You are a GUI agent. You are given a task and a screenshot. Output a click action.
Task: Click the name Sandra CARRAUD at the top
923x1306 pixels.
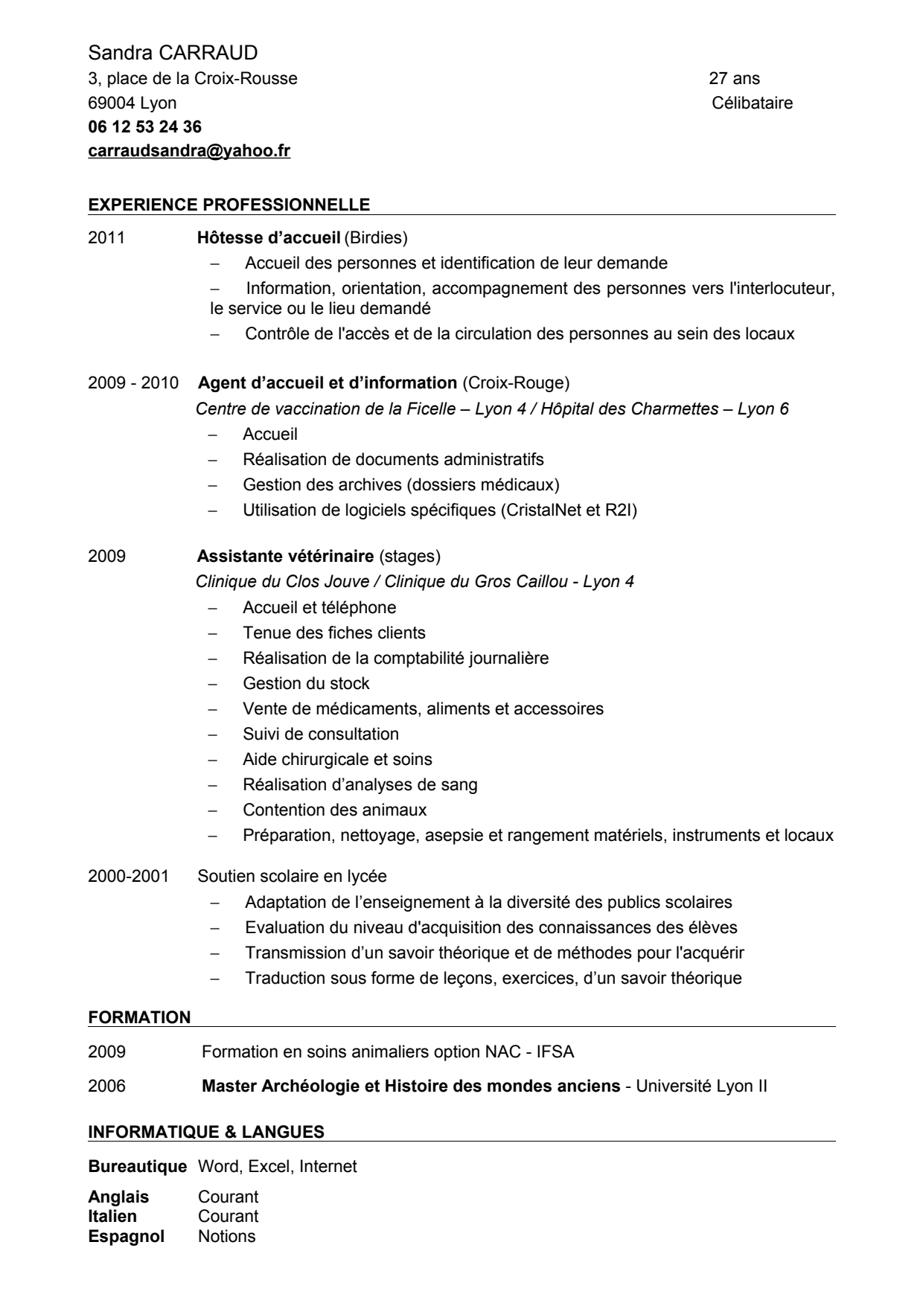pos(173,53)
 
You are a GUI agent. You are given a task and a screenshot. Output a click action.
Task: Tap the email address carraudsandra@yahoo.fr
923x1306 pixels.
pos(189,151)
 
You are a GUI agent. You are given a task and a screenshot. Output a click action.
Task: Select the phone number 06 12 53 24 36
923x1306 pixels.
pos(144,127)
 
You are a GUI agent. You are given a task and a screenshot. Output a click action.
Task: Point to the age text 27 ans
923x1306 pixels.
pos(735,78)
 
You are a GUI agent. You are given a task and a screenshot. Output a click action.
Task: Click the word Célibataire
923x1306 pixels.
pos(752,103)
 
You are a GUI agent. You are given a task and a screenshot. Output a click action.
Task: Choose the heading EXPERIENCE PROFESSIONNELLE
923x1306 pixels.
pos(229,204)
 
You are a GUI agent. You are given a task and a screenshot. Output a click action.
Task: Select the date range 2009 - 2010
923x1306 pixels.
pos(133,382)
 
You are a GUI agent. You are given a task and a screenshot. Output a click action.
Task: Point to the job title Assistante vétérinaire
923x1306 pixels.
pos(285,556)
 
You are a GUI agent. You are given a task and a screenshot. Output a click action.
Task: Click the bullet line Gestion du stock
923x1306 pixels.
pos(306,683)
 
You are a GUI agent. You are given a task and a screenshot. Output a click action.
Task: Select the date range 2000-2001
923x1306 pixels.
pos(128,876)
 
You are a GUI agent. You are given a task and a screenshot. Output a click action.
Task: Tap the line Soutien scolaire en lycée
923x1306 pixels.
pos(292,876)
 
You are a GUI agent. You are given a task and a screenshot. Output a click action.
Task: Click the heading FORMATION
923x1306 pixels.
pos(139,1017)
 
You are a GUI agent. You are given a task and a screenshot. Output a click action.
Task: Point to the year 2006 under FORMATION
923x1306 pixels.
pos(106,1086)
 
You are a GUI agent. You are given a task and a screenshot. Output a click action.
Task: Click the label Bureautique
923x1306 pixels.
pos(137,1166)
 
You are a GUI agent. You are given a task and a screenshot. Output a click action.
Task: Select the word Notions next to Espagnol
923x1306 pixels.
pos(226,1237)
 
